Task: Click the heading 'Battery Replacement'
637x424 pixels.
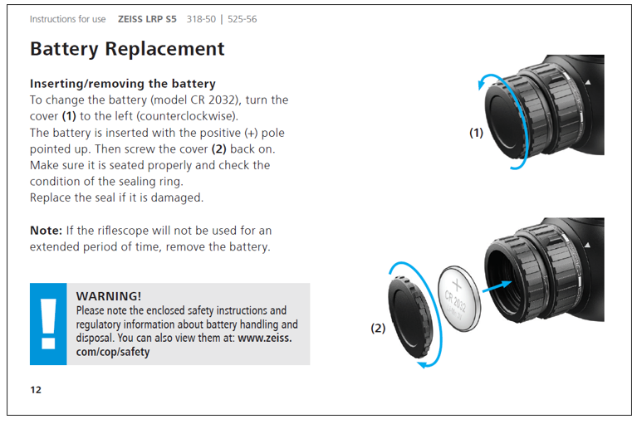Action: pyautogui.click(x=127, y=49)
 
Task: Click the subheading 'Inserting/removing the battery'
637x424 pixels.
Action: pyautogui.click(x=122, y=84)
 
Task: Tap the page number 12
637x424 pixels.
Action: pyautogui.click(x=36, y=389)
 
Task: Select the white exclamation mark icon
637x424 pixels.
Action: pyautogui.click(x=48, y=324)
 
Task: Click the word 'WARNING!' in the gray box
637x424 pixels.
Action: pyautogui.click(x=108, y=296)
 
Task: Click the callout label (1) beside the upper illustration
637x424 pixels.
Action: pyautogui.click(x=476, y=133)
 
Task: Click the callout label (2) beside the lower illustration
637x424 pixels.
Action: pyautogui.click(x=378, y=328)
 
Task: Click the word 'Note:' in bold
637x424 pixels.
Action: pyautogui.click(x=47, y=230)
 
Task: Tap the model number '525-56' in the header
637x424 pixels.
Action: pyautogui.click(x=240, y=18)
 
